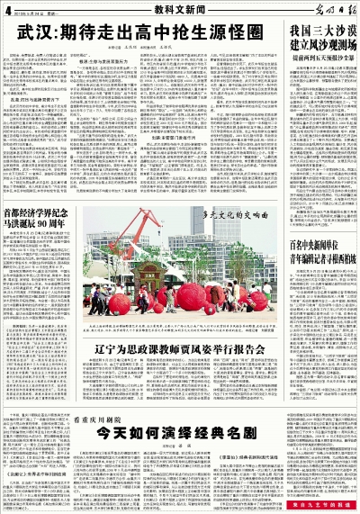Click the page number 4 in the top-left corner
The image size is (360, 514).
click(6, 9)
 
